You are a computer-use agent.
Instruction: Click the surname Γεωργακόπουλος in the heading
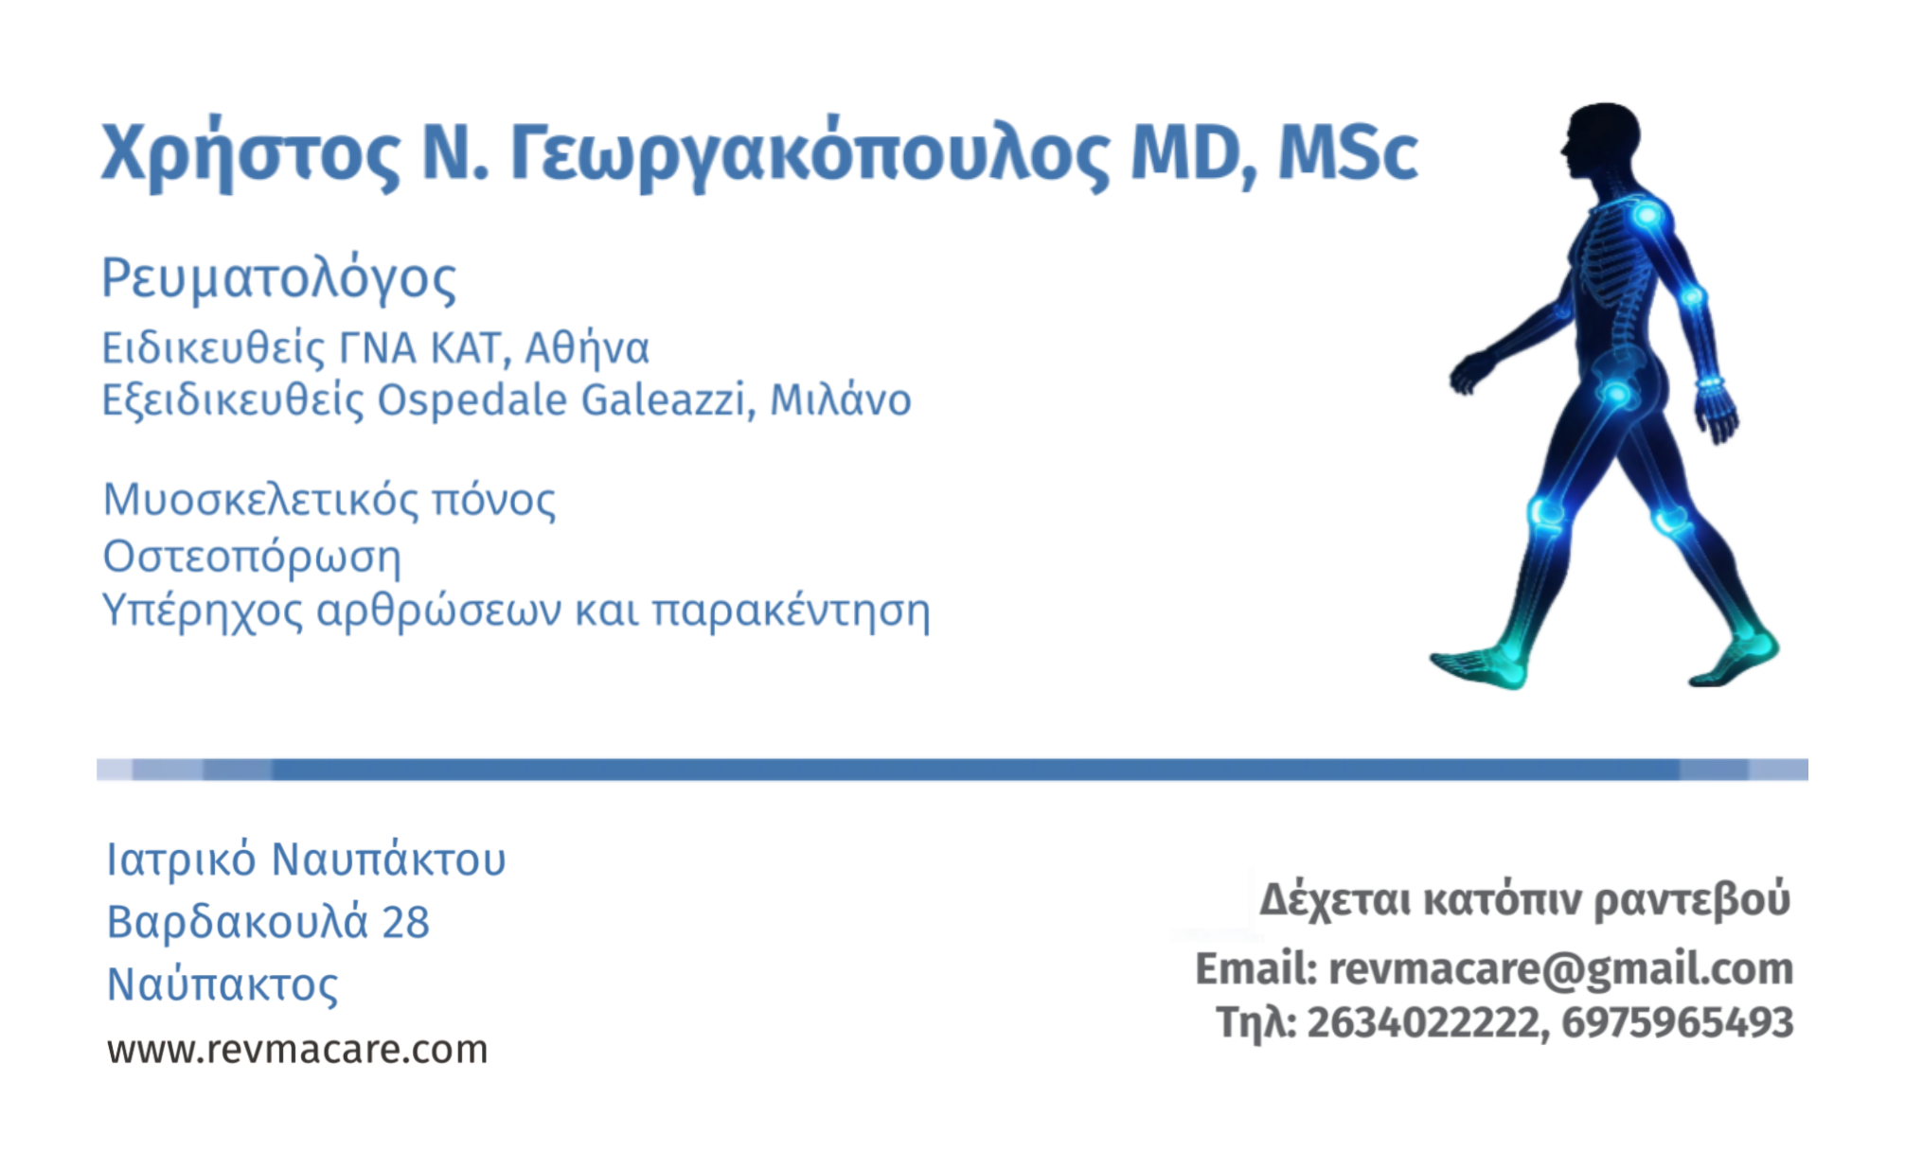click(x=810, y=153)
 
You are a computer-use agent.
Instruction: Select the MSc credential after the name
click(x=1347, y=151)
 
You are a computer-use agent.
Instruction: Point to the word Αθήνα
click(x=587, y=348)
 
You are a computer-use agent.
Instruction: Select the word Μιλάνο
click(x=841, y=399)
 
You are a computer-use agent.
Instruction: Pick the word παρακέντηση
click(x=792, y=612)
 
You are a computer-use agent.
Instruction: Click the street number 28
click(x=405, y=922)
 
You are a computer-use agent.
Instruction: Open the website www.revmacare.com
click(x=297, y=1050)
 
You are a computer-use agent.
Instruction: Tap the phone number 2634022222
click(x=1425, y=1022)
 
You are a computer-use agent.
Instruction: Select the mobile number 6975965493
click(x=1677, y=1022)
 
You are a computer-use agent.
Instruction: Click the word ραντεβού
click(x=1692, y=899)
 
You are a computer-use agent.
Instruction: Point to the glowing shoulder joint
click(x=1647, y=215)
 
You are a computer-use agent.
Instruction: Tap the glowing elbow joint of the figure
click(x=1692, y=296)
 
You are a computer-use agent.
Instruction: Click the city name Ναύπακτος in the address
click(x=222, y=985)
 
